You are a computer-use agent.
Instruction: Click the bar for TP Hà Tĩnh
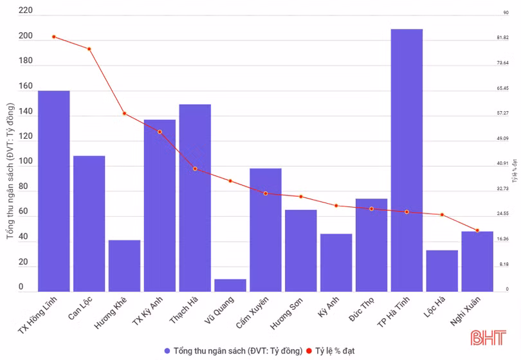407,161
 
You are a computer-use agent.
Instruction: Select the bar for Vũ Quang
230,285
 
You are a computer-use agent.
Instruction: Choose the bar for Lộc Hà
442,271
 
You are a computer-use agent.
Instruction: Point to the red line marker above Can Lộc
89,49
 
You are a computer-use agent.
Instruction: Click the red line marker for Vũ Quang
230,181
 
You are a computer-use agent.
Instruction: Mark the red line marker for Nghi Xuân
477,230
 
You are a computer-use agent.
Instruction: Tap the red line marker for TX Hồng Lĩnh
54,37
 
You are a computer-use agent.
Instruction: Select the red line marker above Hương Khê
124,113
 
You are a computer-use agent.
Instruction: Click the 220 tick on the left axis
26,11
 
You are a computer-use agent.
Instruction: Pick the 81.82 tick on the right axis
503,37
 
